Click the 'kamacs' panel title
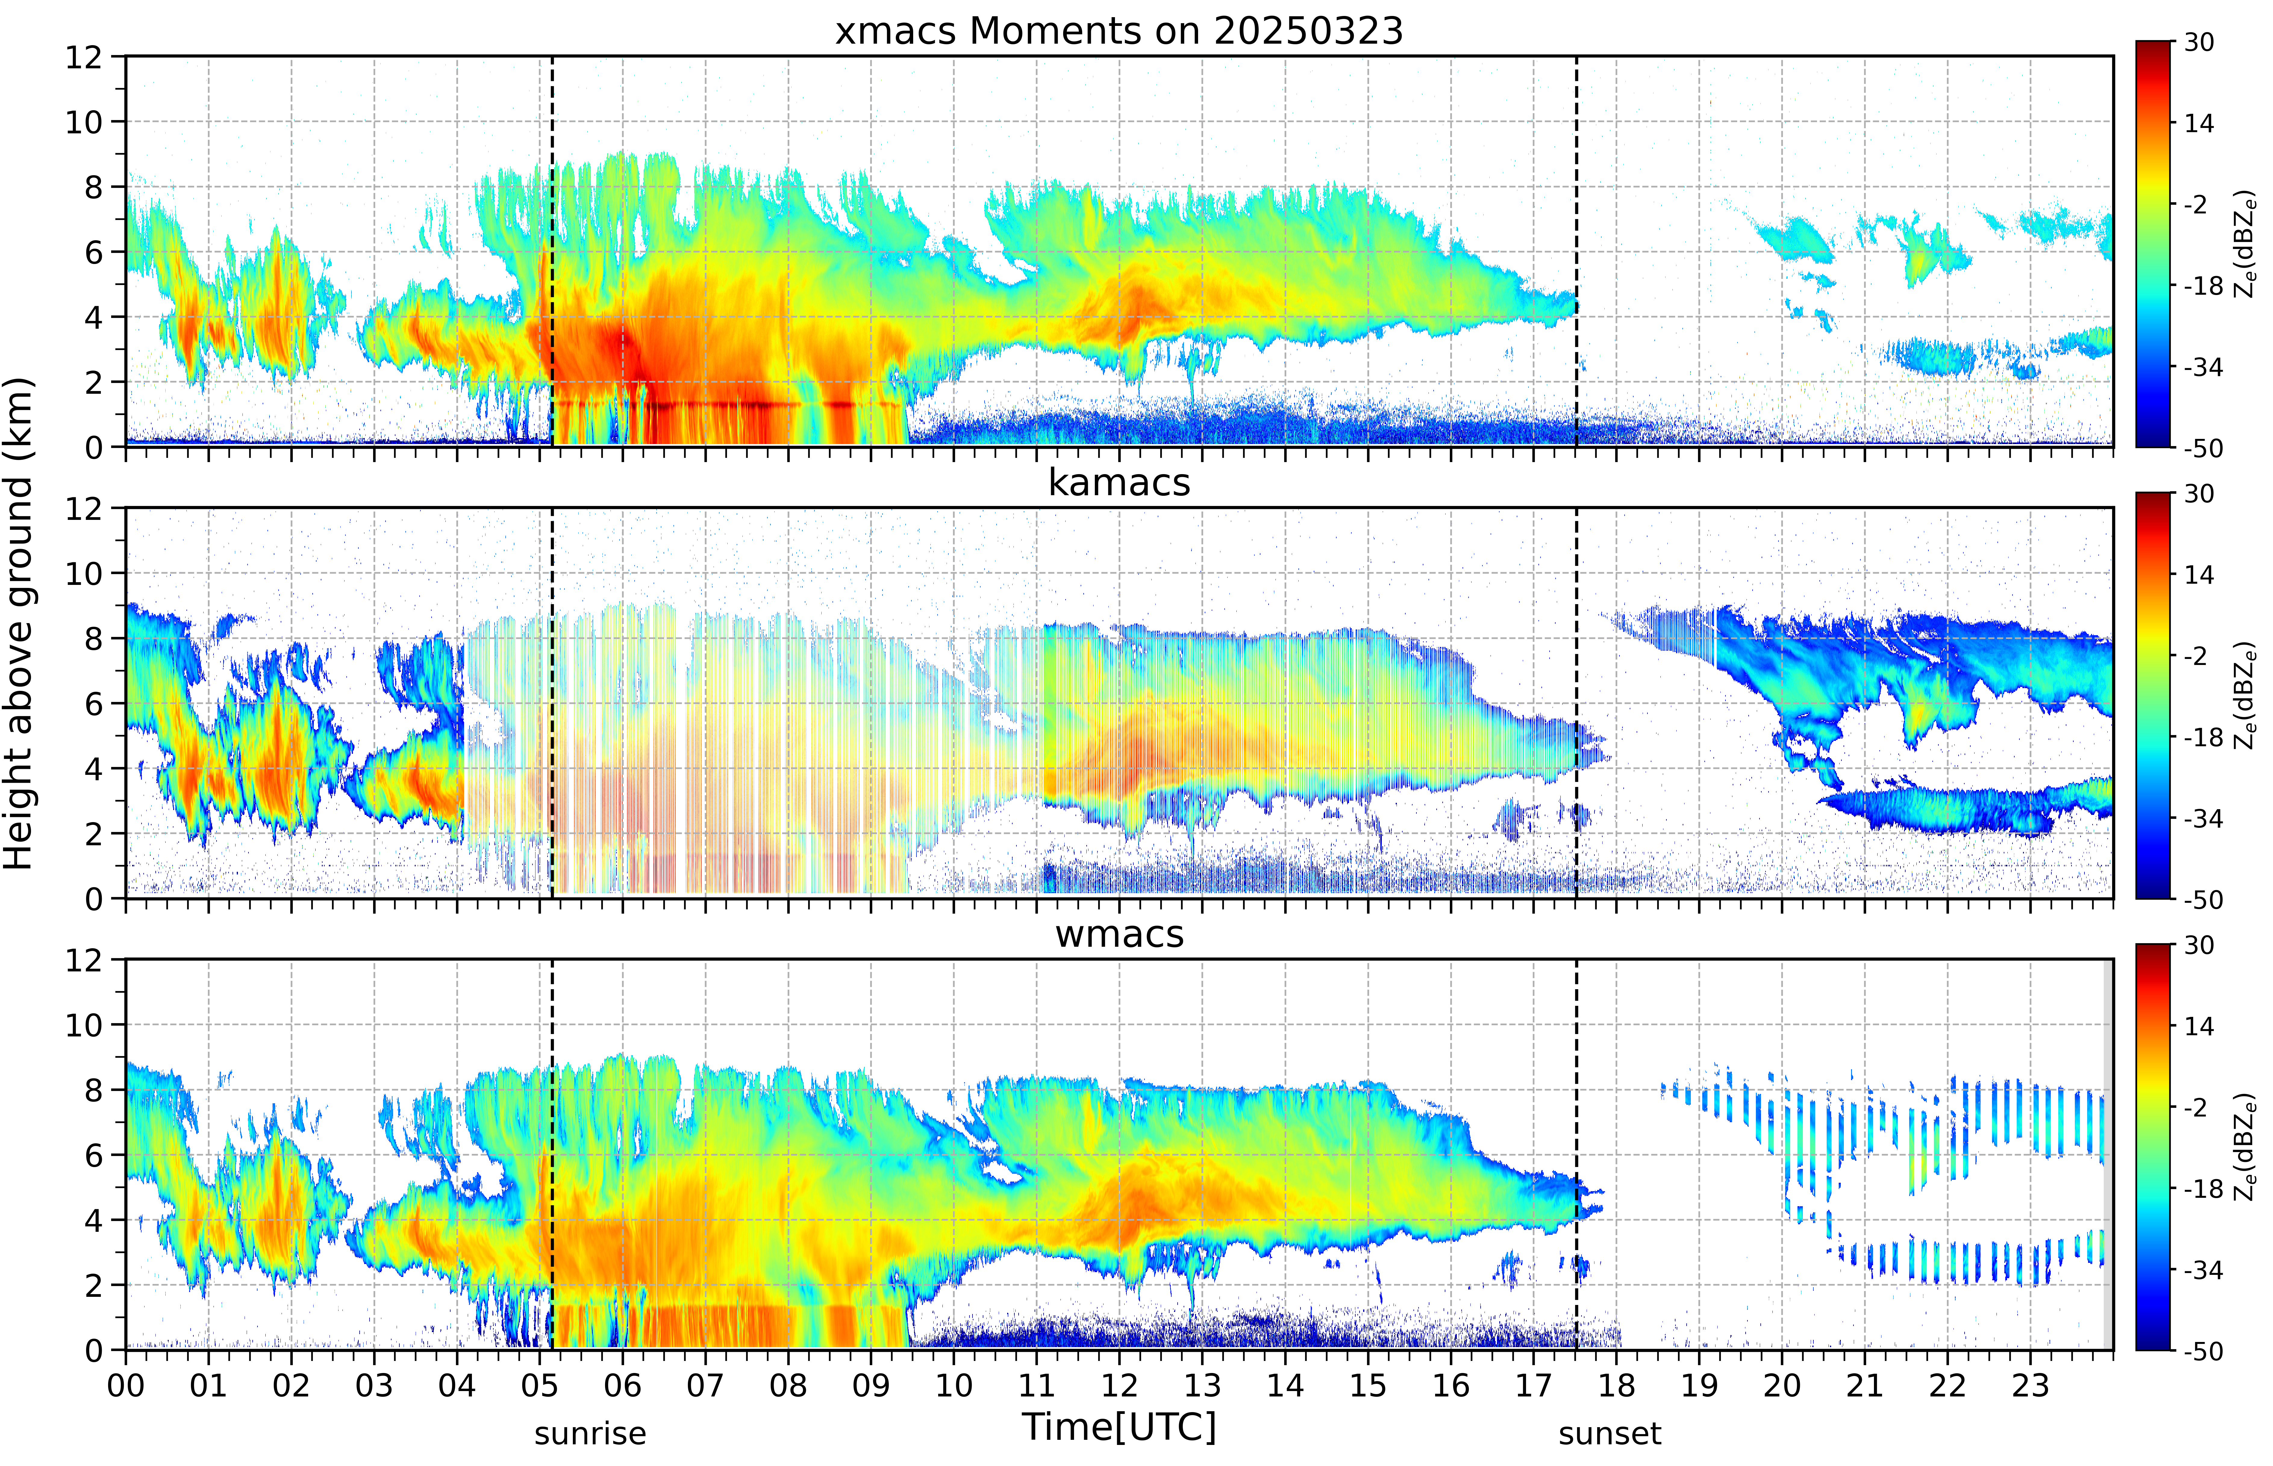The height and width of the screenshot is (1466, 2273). click(x=1119, y=483)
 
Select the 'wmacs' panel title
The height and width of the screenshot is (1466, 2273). click(x=1119, y=934)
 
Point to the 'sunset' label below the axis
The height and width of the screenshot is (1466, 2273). click(x=1609, y=1433)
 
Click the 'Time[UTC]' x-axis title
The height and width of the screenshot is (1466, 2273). click(x=1119, y=1427)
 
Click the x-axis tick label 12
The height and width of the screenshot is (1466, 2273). click(x=1120, y=1385)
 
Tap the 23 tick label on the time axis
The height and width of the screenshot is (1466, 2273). click(x=2030, y=1385)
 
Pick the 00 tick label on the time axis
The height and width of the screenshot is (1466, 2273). click(x=126, y=1385)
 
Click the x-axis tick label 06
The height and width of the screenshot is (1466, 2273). click(x=623, y=1385)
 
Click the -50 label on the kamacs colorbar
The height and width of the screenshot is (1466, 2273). click(x=2203, y=899)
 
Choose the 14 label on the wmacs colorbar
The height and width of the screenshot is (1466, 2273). click(x=2199, y=1026)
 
